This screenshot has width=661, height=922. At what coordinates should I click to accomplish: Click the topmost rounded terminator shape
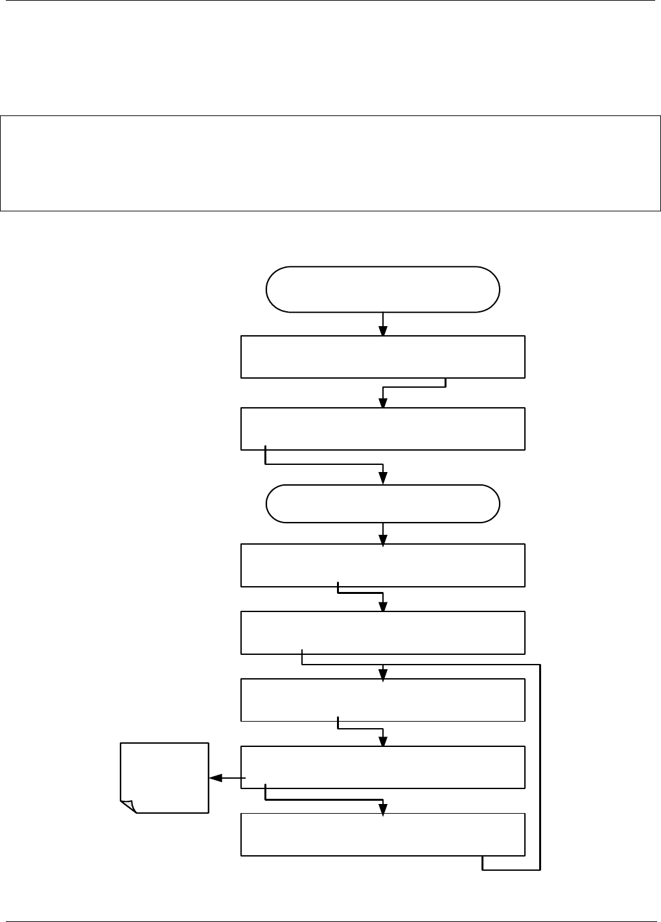pos(382,289)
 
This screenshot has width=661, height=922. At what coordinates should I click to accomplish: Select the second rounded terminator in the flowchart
pos(382,504)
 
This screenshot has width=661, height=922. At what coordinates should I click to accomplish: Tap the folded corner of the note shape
pos(128,806)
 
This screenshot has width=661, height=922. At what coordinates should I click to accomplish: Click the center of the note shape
pos(165,777)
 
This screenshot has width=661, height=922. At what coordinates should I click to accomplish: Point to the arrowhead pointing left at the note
pos(216,777)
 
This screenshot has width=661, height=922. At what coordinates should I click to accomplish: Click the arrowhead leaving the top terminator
pos(383,330)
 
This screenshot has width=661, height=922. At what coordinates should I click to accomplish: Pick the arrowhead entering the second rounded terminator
pos(383,479)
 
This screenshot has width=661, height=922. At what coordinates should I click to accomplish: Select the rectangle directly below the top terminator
pos(382,357)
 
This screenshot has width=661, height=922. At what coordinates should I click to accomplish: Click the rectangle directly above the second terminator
pos(382,429)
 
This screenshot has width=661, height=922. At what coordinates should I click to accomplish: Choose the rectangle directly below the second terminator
pos(382,565)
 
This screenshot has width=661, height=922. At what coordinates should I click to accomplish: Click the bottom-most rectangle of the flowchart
pos(382,834)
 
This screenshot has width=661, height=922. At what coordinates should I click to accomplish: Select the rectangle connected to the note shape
pos(382,768)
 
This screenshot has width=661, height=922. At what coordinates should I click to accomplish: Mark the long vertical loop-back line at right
pos(539,765)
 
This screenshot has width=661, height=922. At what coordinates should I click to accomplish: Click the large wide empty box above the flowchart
pos(330,163)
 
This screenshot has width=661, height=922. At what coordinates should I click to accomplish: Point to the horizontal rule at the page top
pos(330,1)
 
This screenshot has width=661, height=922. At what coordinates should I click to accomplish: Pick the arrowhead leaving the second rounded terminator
pos(383,539)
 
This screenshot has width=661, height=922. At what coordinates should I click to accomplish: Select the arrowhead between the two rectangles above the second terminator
pos(383,402)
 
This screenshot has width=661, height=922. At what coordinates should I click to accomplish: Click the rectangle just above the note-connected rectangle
pos(382,700)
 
